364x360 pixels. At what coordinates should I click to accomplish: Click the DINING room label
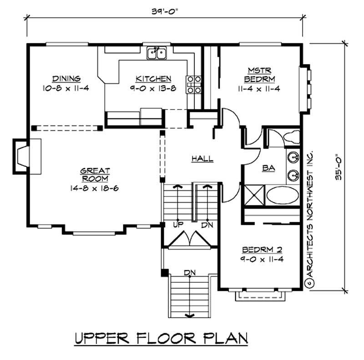click(x=66, y=78)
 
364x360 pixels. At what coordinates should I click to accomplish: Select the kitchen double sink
click(x=157, y=54)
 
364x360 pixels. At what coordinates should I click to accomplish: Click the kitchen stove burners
click(x=193, y=85)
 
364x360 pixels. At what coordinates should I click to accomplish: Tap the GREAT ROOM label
click(x=95, y=175)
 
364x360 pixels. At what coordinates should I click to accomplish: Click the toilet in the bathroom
click(x=289, y=136)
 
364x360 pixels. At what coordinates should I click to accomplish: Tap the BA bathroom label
click(x=269, y=168)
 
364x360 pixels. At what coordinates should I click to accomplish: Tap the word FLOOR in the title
click(x=164, y=339)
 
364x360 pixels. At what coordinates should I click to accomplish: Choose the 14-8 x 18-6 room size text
click(x=96, y=188)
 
